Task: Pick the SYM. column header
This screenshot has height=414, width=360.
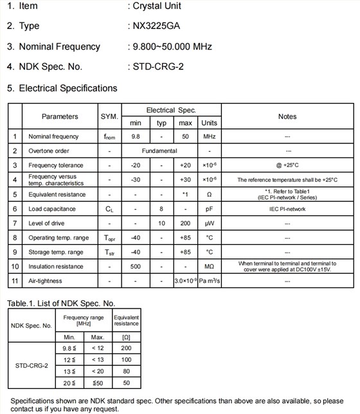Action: click(109, 116)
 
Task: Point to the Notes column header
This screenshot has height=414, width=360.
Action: click(287, 116)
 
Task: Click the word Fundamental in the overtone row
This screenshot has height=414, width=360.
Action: click(159, 151)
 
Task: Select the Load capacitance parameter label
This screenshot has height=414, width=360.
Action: click(52, 209)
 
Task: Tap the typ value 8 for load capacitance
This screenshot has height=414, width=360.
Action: click(161, 209)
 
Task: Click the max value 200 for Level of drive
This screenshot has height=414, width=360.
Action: click(185, 223)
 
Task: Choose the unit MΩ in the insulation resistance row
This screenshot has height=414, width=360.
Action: click(209, 266)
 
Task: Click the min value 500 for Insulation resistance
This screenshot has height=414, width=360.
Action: click(136, 266)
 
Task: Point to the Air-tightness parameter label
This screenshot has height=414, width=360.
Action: click(46, 281)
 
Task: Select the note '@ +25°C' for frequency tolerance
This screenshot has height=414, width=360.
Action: click(287, 165)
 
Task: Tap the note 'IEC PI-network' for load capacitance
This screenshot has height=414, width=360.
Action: click(287, 209)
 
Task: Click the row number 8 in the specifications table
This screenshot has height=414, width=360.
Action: click(15, 238)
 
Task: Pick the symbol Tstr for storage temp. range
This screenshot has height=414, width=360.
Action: click(109, 253)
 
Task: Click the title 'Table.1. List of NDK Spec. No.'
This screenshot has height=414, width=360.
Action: click(61, 303)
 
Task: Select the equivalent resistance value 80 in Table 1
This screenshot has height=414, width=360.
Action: click(126, 371)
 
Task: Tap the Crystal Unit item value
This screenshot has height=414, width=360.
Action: click(157, 6)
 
